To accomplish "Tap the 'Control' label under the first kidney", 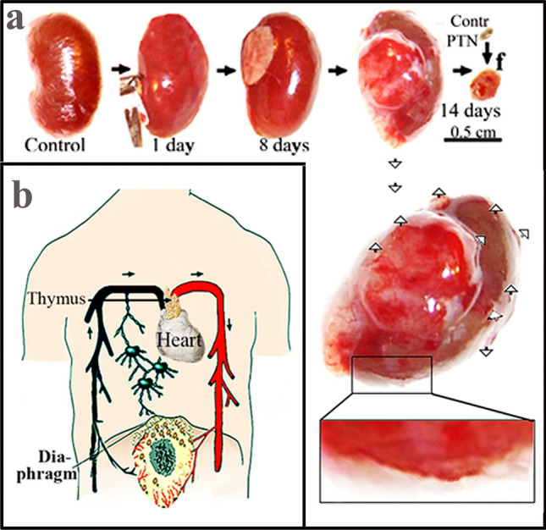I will pos(55,144).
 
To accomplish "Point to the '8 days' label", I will pos(283,144).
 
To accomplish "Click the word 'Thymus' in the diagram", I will pos(49,298).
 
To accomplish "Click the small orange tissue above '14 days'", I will pos(487,84).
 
